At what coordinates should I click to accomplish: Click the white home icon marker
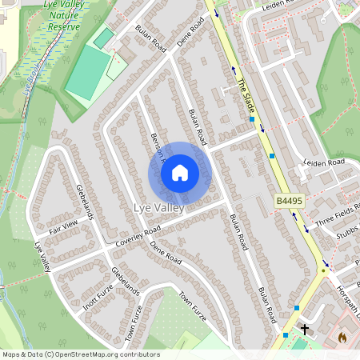pyautogui.click(x=180, y=173)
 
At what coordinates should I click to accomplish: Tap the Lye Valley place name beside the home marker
pyautogui.click(x=158, y=208)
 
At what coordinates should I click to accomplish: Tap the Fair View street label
pyautogui.click(x=63, y=226)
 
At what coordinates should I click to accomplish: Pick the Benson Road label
pyautogui.click(x=155, y=148)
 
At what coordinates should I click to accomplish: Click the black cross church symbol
pyautogui.click(x=304, y=329)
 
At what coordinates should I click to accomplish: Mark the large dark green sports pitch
pyautogui.click(x=87, y=73)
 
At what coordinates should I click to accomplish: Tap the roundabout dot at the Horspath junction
pyautogui.click(x=323, y=270)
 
